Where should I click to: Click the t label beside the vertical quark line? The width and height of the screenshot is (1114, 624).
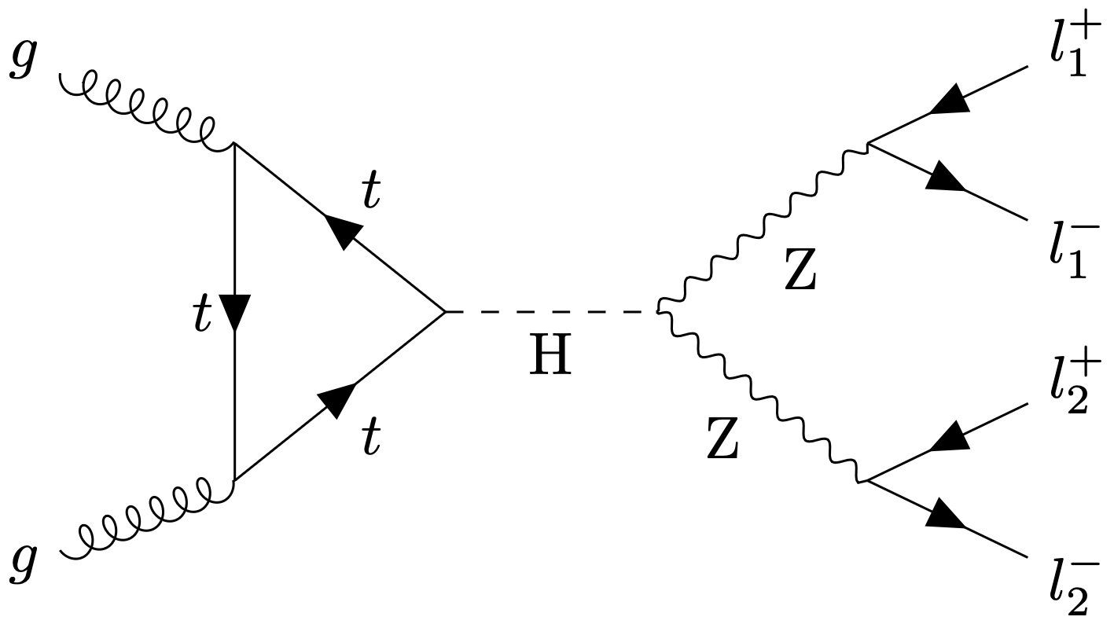[x=204, y=316]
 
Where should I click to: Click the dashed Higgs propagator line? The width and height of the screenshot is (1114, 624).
[x=550, y=312]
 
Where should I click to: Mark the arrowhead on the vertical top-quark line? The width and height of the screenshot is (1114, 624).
[x=235, y=312]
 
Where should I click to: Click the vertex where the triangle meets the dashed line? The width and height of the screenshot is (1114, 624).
[x=446, y=312]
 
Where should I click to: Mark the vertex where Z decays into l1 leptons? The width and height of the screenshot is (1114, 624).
[x=867, y=143]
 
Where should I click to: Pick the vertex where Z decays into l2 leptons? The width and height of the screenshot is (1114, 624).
[x=864, y=480]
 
